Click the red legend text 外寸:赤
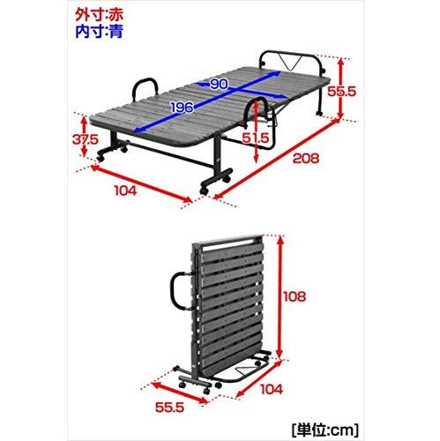pyautogui.click(x=99, y=15)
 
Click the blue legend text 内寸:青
pyautogui.click(x=99, y=32)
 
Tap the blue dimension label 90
pyautogui.click(x=219, y=85)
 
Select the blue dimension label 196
pyautogui.click(x=183, y=108)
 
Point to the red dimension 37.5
pyautogui.click(x=86, y=139)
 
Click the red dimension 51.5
pyautogui.click(x=256, y=138)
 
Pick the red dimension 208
pyautogui.click(x=306, y=159)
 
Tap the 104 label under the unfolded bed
pyautogui.click(x=126, y=191)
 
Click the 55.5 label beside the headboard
pyautogui.click(x=342, y=92)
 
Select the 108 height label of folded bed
pyautogui.click(x=295, y=296)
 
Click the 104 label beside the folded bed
pyautogui.click(x=272, y=389)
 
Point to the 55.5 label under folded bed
pyautogui.click(x=169, y=407)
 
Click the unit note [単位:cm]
pyautogui.click(x=325, y=430)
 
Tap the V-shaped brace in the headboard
pyautogui.click(x=290, y=62)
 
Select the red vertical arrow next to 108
pyautogui.click(x=280, y=296)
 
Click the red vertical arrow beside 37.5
pyautogui.click(x=85, y=136)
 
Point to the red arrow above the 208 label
pyautogui.click(x=276, y=158)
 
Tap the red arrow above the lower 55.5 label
pyautogui.click(x=179, y=392)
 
